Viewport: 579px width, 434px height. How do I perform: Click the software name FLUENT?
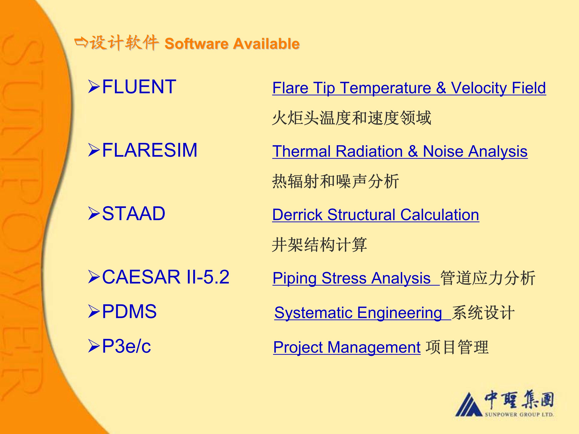[x=139, y=87]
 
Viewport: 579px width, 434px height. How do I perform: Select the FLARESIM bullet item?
[x=150, y=150]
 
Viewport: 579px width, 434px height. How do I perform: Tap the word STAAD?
[x=133, y=214]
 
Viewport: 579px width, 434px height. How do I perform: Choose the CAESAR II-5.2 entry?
[x=166, y=277]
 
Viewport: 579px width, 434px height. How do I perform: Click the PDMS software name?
[x=129, y=311]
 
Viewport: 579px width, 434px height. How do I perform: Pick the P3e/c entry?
[x=126, y=346]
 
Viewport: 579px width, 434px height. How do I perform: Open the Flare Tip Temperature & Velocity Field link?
[x=409, y=88]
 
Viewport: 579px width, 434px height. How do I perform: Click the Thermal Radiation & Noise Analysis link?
[x=400, y=152]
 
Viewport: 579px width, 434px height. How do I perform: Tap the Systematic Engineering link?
[x=358, y=313]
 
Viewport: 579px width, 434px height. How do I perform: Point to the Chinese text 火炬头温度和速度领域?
[x=352, y=118]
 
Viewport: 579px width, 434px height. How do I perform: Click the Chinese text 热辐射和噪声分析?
[x=336, y=181]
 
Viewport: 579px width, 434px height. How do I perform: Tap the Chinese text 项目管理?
[x=457, y=347]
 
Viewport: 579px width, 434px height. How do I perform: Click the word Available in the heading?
[x=266, y=44]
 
